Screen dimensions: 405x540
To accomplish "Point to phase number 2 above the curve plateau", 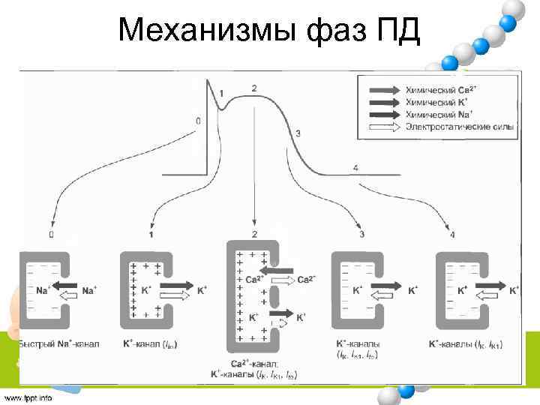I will click(x=254, y=88).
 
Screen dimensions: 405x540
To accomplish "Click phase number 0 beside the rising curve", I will click(x=197, y=120).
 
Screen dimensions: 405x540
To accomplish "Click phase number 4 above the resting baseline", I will click(x=355, y=166).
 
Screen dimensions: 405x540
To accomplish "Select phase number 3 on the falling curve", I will click(x=298, y=133).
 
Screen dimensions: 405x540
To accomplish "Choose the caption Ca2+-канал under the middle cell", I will click(x=255, y=363).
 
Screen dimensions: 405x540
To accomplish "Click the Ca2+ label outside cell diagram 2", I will click(x=306, y=280).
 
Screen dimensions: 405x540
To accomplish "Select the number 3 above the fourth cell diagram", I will click(x=361, y=235).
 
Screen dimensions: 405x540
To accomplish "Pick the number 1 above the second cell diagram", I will click(x=151, y=235).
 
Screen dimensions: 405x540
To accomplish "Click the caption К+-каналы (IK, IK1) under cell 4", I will click(x=465, y=344).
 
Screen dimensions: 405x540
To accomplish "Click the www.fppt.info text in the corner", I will click(x=28, y=397).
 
